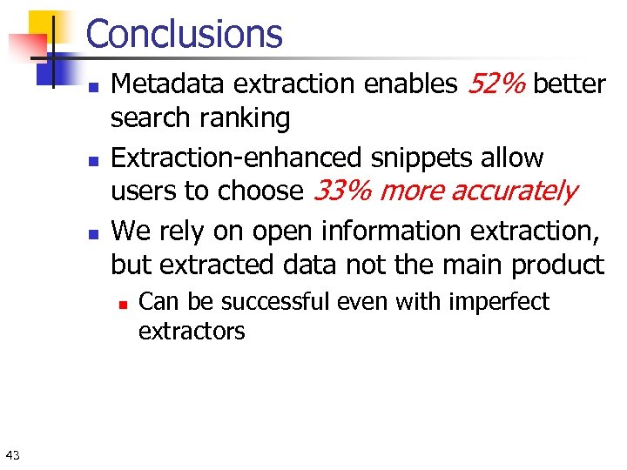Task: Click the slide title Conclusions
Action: [x=185, y=34]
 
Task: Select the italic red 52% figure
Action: [x=496, y=84]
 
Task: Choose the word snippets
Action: [x=409, y=158]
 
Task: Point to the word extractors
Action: [x=192, y=331]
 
